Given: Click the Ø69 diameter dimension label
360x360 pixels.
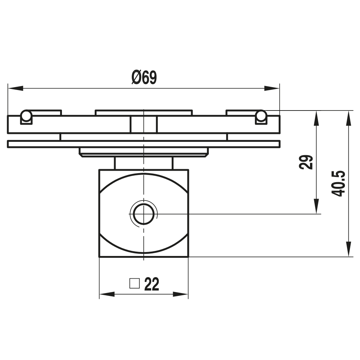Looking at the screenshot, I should [144, 78].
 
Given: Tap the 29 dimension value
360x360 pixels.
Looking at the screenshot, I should [306, 162].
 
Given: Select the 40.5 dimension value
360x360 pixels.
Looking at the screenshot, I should [338, 183].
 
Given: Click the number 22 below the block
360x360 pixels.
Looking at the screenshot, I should [152, 284].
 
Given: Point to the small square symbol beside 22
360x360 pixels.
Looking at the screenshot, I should [134, 283].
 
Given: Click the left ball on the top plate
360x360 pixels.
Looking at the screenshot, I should [26, 116].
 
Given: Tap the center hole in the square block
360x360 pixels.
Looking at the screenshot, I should [144, 214].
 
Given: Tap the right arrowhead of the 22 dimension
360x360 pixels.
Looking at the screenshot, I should [181, 294].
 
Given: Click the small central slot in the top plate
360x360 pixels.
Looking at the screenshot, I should [144, 124].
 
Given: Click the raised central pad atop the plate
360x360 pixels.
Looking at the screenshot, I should [144, 113].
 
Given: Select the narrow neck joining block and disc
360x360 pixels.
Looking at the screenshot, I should [144, 163].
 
